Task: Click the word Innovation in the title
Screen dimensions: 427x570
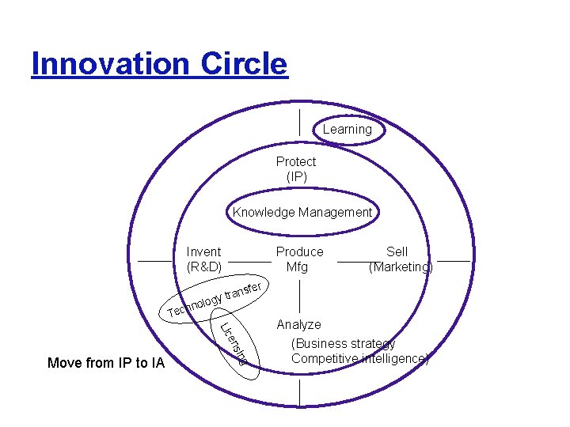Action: click(x=110, y=63)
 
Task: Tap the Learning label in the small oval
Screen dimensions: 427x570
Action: click(x=347, y=129)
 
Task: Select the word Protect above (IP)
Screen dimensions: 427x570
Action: click(x=296, y=161)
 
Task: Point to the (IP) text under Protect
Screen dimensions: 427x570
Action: click(x=296, y=177)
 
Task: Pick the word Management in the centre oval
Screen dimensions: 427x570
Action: click(x=336, y=212)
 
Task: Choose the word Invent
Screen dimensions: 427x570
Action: click(x=203, y=251)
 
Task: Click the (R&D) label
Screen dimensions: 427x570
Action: click(x=204, y=267)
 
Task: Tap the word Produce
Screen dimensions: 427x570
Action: click(x=299, y=251)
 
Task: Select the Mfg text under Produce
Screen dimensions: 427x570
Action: click(x=297, y=267)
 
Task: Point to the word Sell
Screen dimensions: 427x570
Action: click(x=397, y=251)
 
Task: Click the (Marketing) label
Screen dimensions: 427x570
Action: click(x=401, y=267)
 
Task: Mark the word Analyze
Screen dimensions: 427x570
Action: click(x=298, y=324)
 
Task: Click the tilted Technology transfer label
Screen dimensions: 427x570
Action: click(x=217, y=300)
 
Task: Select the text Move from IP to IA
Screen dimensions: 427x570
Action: click(x=106, y=363)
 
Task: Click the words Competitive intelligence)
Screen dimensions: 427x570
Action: click(x=360, y=358)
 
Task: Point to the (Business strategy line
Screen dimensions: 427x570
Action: click(x=343, y=343)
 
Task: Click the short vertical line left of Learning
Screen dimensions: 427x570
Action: click(x=300, y=123)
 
